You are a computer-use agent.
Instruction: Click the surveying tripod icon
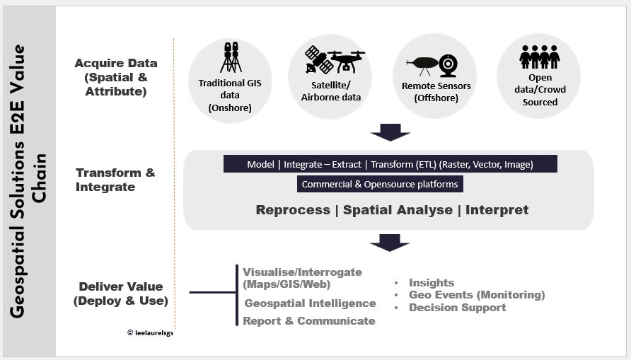point(231,57)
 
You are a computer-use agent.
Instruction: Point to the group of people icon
point(539,57)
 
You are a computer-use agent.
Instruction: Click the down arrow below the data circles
point(390,132)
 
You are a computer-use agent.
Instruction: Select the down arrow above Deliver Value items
point(390,243)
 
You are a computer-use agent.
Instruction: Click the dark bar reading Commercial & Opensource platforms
point(380,184)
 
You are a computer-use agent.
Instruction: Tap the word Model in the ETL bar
point(260,164)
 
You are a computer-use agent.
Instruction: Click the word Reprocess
point(293,210)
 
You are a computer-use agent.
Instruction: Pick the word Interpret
point(497,210)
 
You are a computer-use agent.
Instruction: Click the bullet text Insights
point(432,283)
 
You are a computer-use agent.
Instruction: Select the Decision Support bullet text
point(457,308)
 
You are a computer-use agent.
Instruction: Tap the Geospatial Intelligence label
point(311,303)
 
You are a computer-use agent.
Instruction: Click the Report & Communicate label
point(309,321)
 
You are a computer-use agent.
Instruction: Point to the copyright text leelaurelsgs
point(151,332)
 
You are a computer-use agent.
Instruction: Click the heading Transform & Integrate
point(115,180)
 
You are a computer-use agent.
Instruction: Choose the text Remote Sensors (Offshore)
point(436,92)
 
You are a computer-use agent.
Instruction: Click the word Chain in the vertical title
point(39,178)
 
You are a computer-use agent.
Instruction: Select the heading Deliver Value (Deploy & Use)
point(121,294)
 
